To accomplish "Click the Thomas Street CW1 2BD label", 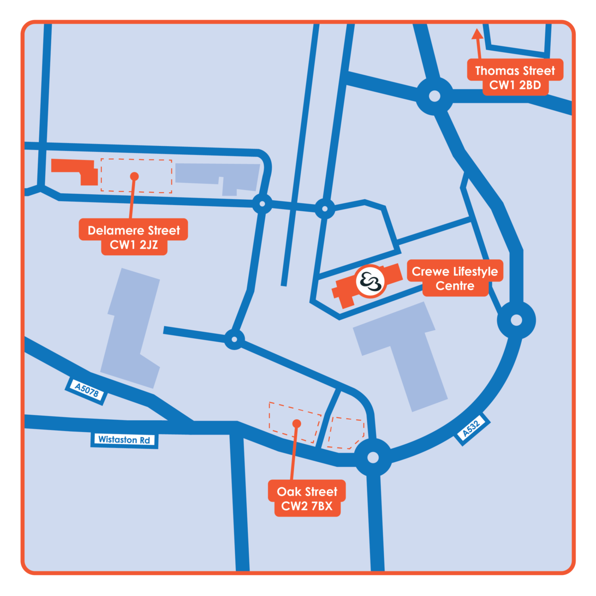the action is [515, 77].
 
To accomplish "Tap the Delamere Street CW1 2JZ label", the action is [134, 237].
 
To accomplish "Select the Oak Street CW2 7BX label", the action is [307, 498].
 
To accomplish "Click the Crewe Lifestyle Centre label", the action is [455, 278].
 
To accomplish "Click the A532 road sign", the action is [472, 429].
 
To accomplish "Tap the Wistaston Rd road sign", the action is [124, 440].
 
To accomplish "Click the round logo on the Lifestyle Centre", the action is [371, 282].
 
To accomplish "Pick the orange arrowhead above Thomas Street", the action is [477, 34].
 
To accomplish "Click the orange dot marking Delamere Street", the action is [134, 176].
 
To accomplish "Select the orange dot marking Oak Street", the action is [297, 423].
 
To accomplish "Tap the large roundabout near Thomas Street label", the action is [435, 96].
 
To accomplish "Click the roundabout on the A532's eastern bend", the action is [516, 320].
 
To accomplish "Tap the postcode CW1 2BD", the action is [515, 85].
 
